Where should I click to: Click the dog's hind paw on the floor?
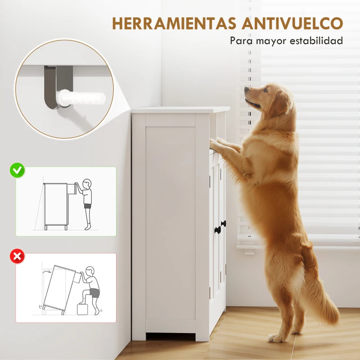pos(275,337)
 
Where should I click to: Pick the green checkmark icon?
pos(18,171)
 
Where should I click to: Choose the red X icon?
pos(18,257)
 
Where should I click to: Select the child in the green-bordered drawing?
pos(87,202)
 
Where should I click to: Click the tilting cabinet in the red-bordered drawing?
pos(60,287)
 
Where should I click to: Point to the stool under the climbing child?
pos(82,309)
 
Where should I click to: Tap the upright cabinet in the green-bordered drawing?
pos(55,205)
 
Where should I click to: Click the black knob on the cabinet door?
pos(223,224)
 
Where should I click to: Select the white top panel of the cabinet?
pos(180,110)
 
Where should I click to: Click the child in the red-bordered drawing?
pos(92,288)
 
